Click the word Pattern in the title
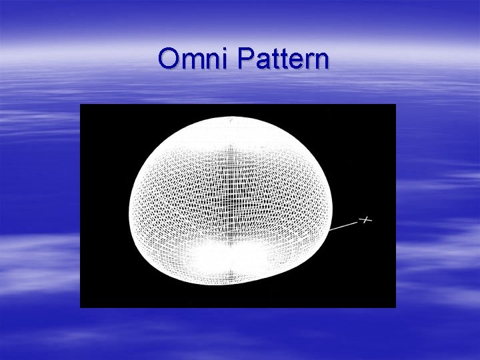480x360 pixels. (283, 59)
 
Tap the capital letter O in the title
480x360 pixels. (169, 59)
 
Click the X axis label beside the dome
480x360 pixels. (365, 219)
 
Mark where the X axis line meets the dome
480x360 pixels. (331, 230)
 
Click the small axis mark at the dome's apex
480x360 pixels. (231, 121)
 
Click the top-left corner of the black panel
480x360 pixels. (81, 105)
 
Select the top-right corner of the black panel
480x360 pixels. (395, 105)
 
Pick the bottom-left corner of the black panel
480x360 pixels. (81, 307)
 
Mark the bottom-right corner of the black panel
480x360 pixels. (395, 307)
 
